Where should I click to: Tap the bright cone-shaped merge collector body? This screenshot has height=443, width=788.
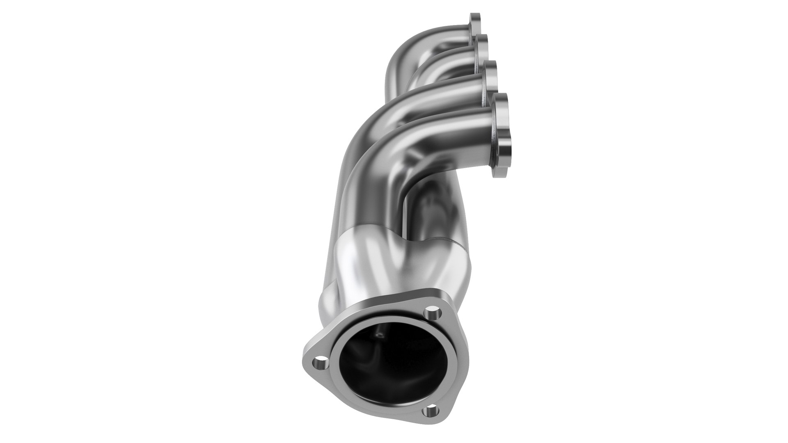click(x=361, y=263)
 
